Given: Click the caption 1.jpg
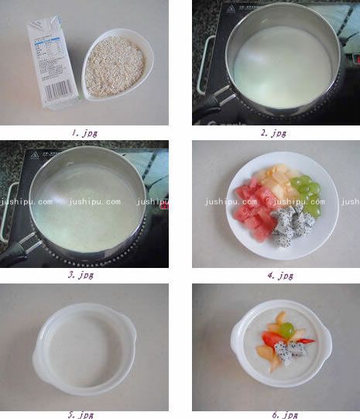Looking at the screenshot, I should pyautogui.click(x=84, y=132).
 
